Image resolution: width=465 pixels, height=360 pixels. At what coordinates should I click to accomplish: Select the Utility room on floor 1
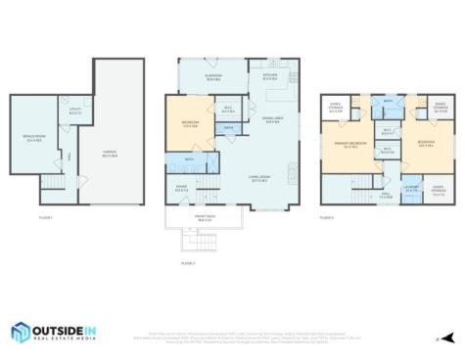pos(74,112)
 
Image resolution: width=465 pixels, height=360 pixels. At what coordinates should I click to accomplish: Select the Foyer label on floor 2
pos(181,188)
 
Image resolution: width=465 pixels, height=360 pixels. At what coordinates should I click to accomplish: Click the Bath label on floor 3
pos(389,101)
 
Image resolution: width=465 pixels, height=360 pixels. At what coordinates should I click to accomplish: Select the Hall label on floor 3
pos(386,196)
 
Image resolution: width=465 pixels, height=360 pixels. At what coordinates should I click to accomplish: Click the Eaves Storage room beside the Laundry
pos(437,192)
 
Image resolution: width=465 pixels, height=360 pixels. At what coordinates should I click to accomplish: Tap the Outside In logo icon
pos(23,333)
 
